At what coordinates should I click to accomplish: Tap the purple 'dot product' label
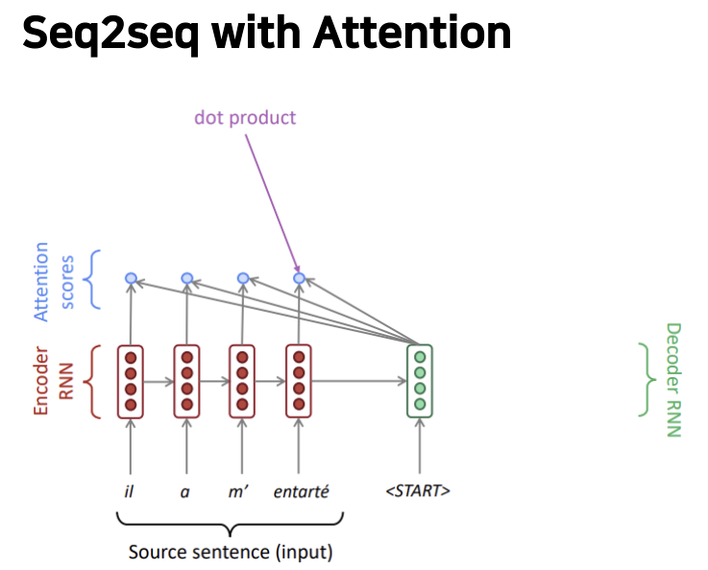[x=245, y=118]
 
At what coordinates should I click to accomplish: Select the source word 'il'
[x=131, y=491]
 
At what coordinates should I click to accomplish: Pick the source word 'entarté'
[x=301, y=491]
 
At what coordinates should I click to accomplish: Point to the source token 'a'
[x=186, y=491]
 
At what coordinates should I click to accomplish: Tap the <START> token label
[x=419, y=491]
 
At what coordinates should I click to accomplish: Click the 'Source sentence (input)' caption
[x=231, y=553]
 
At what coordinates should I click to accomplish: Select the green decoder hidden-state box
[x=420, y=381]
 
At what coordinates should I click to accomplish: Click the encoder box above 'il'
[x=131, y=381]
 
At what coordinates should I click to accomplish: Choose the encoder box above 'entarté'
[x=299, y=381]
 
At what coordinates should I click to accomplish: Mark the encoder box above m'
[x=242, y=381]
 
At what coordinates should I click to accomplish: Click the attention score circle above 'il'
[x=131, y=278]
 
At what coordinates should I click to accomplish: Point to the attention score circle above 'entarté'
[x=299, y=278]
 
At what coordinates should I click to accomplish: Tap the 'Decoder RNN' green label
[x=672, y=380]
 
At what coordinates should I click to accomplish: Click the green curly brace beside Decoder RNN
[x=645, y=380]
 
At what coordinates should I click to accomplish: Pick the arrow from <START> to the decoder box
[x=420, y=449]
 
